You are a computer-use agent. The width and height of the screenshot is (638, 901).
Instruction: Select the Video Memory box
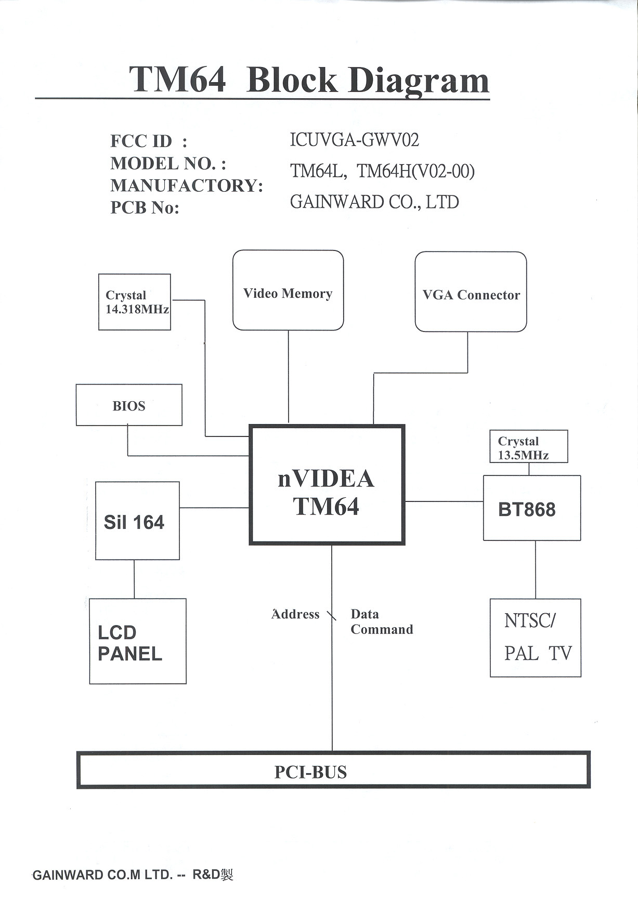pyautogui.click(x=288, y=290)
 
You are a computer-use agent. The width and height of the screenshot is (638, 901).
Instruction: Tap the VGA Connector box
pyautogui.click(x=471, y=292)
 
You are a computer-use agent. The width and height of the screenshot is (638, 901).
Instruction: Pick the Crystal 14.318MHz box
pyautogui.click(x=135, y=302)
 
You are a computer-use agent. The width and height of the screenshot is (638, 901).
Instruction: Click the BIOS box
pyautogui.click(x=129, y=405)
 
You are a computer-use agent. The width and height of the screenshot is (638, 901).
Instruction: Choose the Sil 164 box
pyautogui.click(x=137, y=521)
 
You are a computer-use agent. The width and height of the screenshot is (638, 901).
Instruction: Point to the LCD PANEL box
pyautogui.click(x=138, y=641)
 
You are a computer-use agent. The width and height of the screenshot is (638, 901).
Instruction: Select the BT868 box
pyautogui.click(x=531, y=508)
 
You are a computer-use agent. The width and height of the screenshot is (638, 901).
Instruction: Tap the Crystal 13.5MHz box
pyautogui.click(x=528, y=447)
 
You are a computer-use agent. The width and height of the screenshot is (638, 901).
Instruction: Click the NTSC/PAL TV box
pyautogui.click(x=536, y=638)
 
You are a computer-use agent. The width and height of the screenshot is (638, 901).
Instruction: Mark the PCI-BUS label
pyautogui.click(x=310, y=772)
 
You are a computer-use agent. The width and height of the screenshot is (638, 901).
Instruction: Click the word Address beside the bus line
pyautogui.click(x=295, y=614)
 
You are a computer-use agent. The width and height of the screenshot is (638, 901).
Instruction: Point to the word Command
pyautogui.click(x=382, y=630)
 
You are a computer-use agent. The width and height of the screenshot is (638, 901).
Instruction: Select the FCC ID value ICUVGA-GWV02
pyautogui.click(x=354, y=140)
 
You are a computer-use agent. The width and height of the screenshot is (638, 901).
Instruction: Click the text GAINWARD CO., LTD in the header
pyautogui.click(x=374, y=202)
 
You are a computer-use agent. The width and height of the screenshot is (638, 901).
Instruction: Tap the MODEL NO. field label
pyautogui.click(x=168, y=163)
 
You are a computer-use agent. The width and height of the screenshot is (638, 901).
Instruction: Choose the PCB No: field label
pyautogui.click(x=145, y=207)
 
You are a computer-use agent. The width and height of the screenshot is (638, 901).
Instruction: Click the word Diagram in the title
pyautogui.click(x=419, y=80)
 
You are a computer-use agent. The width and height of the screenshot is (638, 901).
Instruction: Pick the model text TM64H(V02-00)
pyautogui.click(x=415, y=171)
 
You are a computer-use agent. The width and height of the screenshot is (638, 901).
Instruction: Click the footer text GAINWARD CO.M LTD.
pyautogui.click(x=102, y=875)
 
